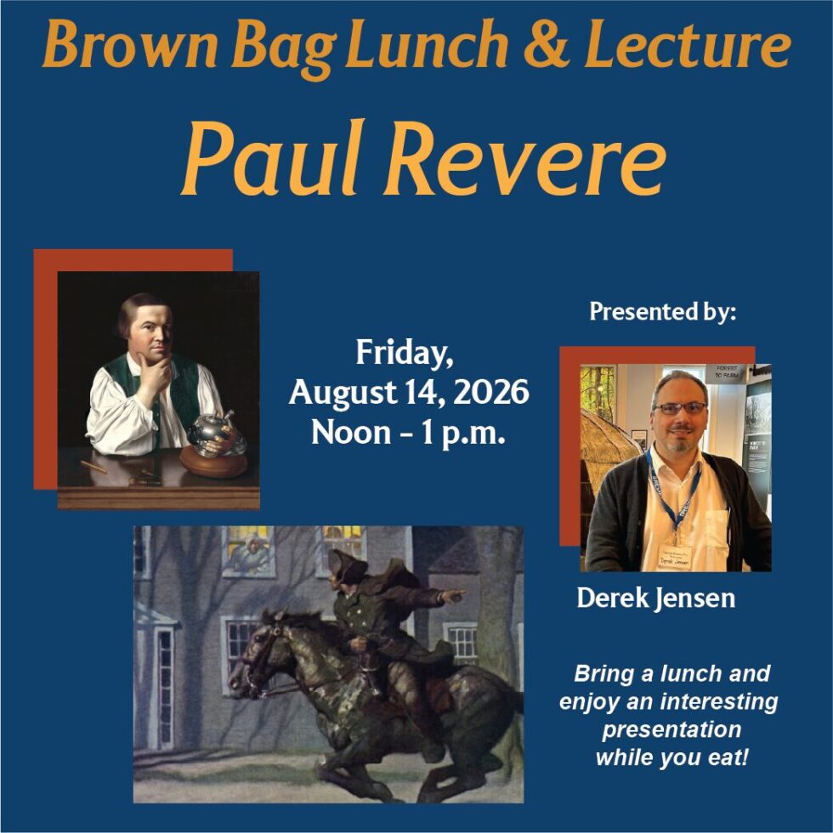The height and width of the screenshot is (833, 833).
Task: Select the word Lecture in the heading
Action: pos(688,44)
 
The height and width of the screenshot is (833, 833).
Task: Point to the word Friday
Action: pos(405,353)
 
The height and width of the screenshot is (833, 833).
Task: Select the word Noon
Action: pos(351,433)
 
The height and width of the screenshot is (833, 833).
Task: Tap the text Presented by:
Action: pos(663,311)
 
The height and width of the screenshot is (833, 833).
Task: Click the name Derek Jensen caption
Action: pos(656,598)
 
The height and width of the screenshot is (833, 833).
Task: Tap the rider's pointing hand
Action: pos(452,596)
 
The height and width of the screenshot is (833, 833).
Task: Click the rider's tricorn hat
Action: pos(345,566)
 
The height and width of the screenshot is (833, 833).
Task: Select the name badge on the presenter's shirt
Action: pos(673,557)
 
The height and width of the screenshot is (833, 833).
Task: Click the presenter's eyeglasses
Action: pos(681,408)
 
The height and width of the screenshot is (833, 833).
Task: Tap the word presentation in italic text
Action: pos(671,729)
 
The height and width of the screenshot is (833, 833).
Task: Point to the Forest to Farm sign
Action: pos(726,372)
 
